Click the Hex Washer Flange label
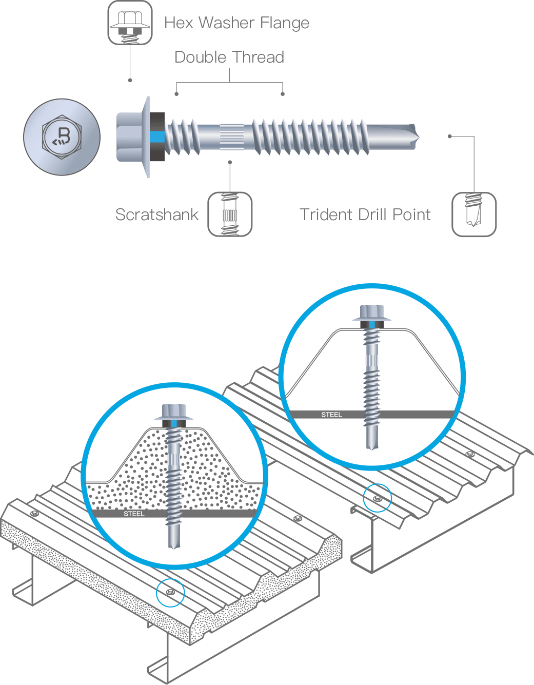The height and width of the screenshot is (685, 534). [236, 23]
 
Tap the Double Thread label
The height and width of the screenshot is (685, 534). [229, 56]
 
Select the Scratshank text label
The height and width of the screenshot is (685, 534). [156, 214]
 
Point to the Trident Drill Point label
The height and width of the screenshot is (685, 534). [365, 214]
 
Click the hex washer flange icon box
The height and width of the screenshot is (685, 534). [130, 23]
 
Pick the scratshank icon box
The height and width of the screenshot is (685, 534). [230, 214]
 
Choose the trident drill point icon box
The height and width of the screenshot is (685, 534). [474, 214]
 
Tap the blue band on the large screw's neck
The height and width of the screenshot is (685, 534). [158, 137]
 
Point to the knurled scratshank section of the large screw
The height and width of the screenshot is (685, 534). [235, 137]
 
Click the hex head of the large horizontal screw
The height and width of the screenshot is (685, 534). [131, 137]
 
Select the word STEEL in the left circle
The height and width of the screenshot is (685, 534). [134, 514]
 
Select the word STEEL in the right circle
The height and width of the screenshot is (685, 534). [331, 415]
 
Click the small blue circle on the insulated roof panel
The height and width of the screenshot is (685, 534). [170, 593]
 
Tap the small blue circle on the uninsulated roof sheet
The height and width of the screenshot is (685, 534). [377, 498]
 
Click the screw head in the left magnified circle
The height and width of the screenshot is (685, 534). [174, 414]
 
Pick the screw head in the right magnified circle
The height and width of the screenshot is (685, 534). [372, 314]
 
